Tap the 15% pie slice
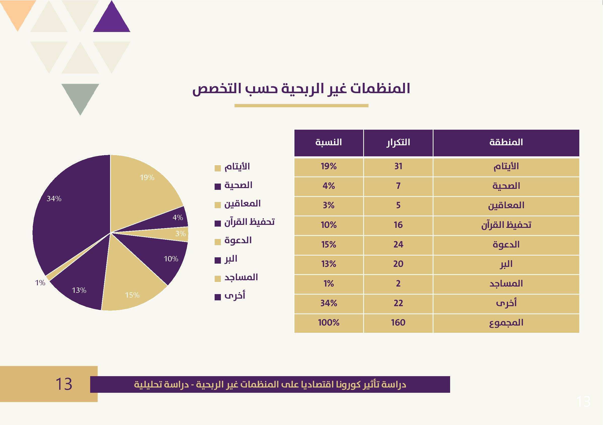click(131, 286)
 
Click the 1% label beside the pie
click(40, 283)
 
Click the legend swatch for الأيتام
click(217, 168)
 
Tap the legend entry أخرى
click(234, 296)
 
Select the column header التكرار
click(398, 143)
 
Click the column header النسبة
click(328, 143)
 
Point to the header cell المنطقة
click(506, 143)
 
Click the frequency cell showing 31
click(398, 166)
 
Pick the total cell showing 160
click(398, 323)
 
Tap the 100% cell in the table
click(328, 323)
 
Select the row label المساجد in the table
click(506, 284)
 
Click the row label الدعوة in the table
click(506, 245)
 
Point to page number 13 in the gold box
click(64, 384)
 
